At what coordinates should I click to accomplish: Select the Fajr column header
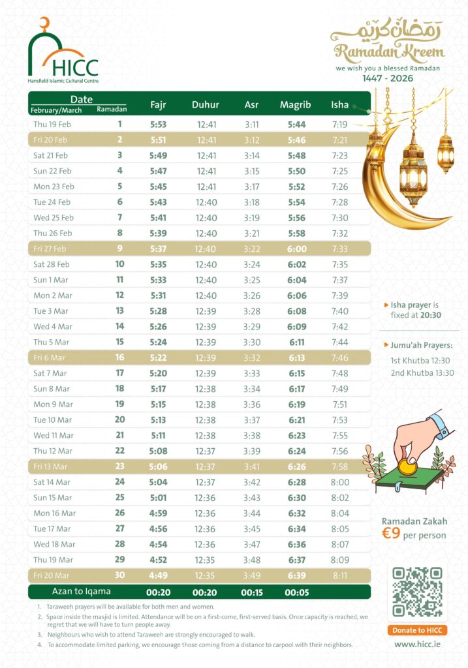pyautogui.click(x=159, y=104)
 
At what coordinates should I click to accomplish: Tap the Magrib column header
pyautogui.click(x=295, y=104)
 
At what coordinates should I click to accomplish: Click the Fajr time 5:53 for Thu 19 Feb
pyautogui.click(x=159, y=124)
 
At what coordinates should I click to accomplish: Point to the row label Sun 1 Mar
pyautogui.click(x=52, y=279)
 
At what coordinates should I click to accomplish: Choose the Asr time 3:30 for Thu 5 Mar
pyautogui.click(x=251, y=342)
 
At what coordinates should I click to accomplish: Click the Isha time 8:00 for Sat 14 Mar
pyautogui.click(x=340, y=482)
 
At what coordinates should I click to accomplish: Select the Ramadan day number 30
pyautogui.click(x=119, y=575)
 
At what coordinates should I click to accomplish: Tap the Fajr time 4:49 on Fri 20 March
pyautogui.click(x=159, y=575)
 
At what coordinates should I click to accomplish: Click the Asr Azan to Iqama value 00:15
pyautogui.click(x=251, y=592)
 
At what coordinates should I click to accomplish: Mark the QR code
pyautogui.click(x=417, y=592)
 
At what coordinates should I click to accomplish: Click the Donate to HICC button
pyautogui.click(x=417, y=630)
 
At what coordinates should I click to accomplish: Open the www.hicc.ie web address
pyautogui.click(x=417, y=644)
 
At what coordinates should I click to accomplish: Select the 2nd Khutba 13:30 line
pyautogui.click(x=422, y=373)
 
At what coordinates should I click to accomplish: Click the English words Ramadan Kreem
pyautogui.click(x=389, y=53)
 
